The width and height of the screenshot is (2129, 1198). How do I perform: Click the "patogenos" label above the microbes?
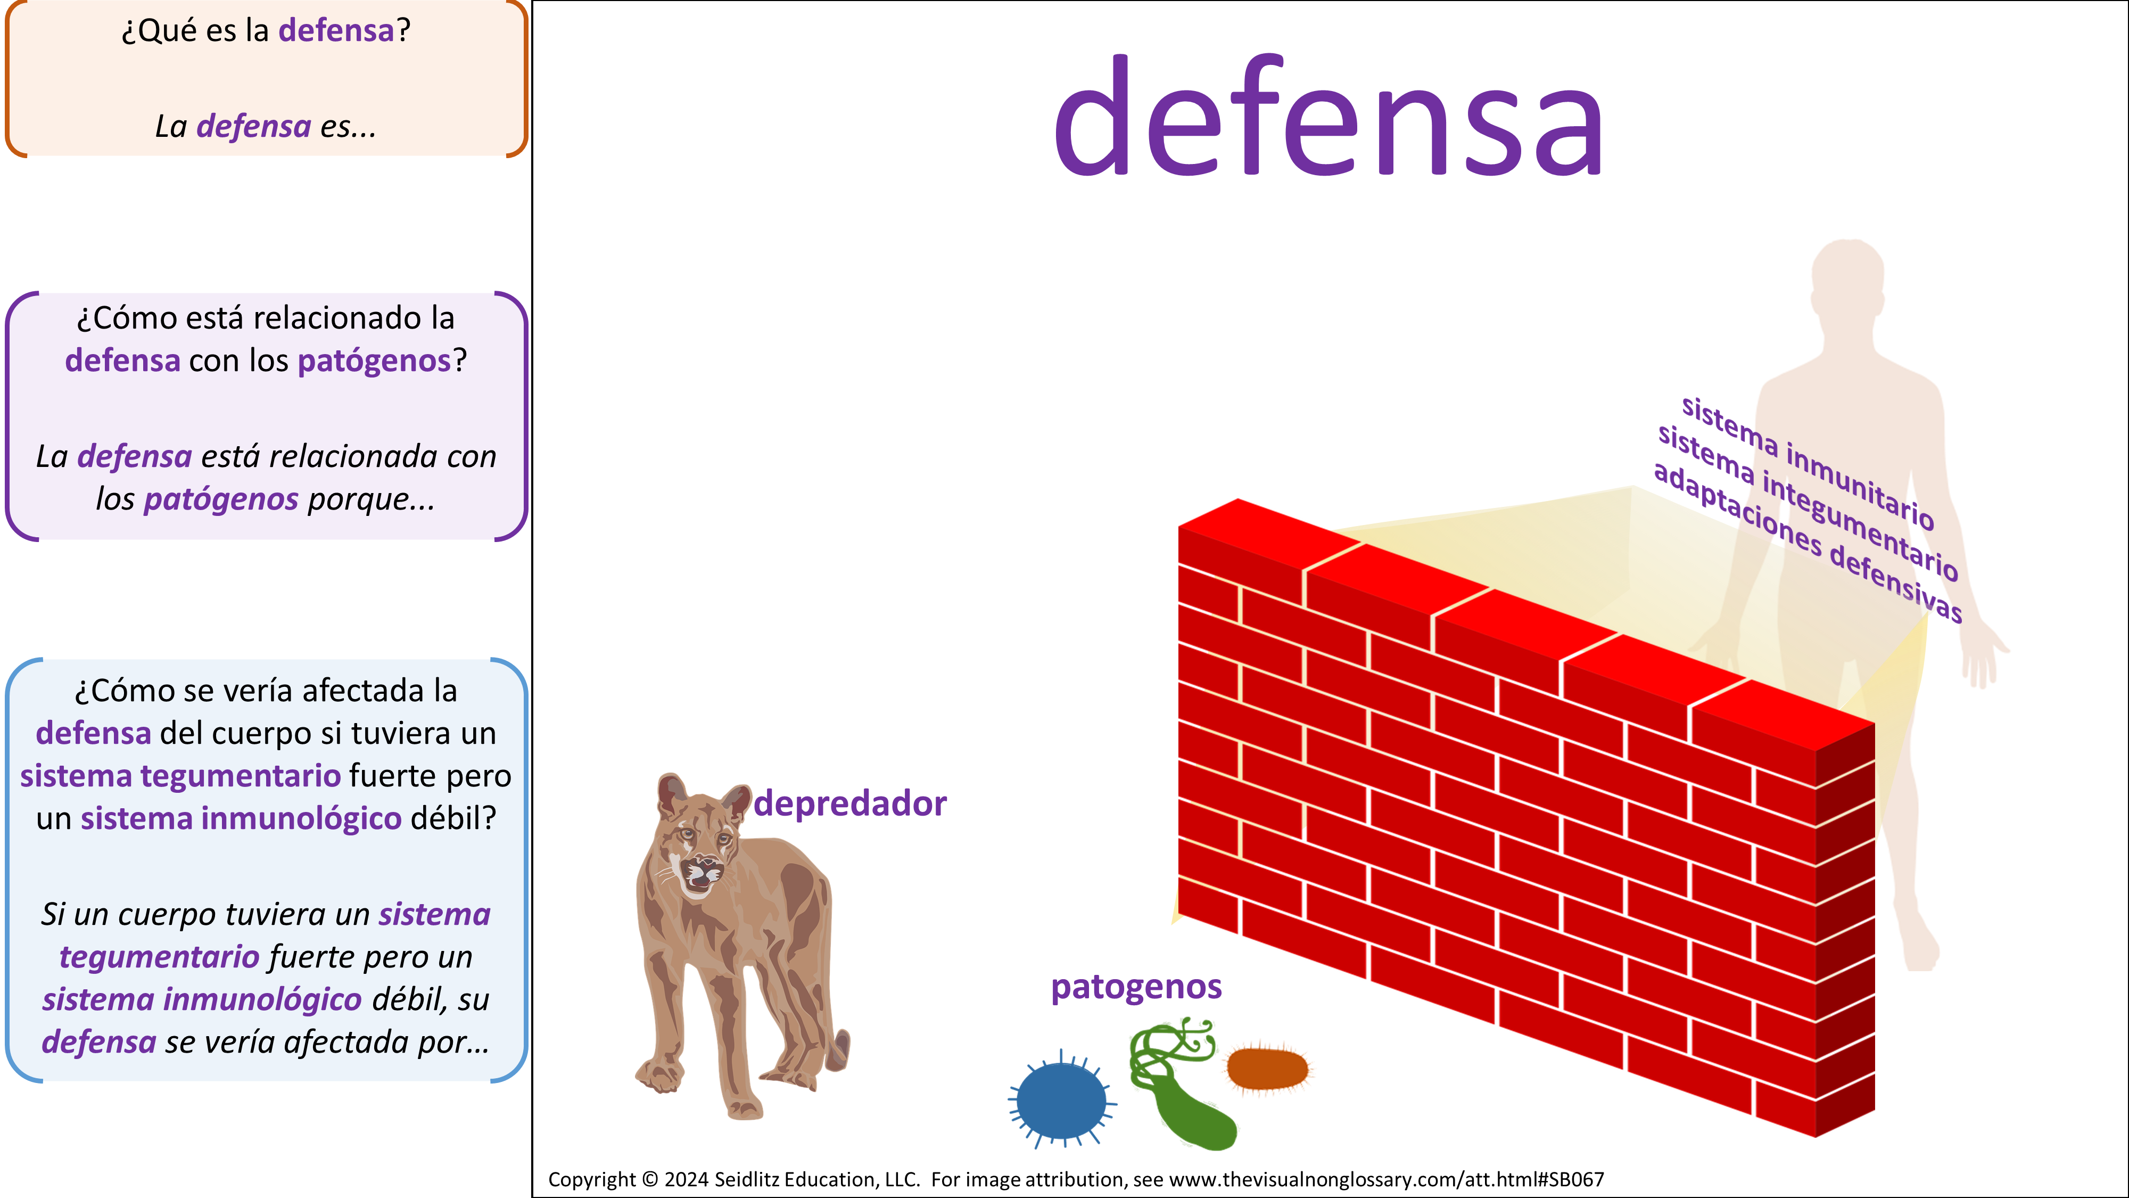tap(1136, 987)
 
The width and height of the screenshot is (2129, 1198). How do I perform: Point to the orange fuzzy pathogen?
tap(1267, 1068)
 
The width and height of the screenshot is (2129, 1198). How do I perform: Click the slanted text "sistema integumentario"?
tap(1808, 503)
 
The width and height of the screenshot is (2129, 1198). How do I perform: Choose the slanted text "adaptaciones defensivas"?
tap(1808, 543)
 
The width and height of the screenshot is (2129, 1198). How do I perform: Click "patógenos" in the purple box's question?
tap(374, 360)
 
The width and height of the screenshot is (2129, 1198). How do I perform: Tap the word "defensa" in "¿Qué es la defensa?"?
tap(336, 30)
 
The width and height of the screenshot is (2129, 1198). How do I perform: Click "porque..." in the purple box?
tap(371, 499)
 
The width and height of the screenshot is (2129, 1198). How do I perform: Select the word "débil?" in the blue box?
tap(453, 818)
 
